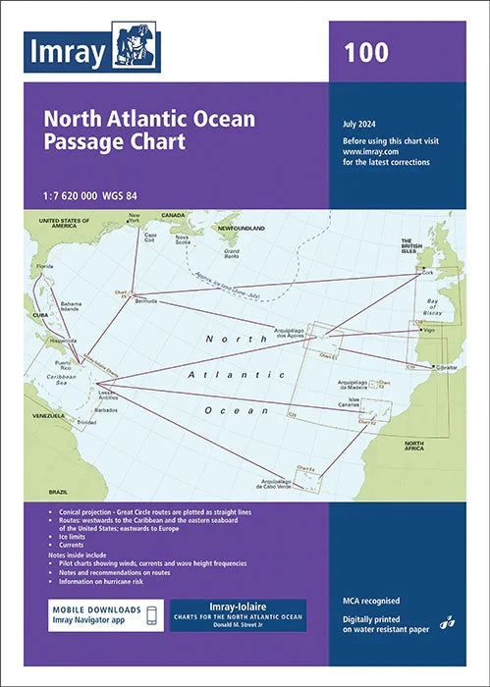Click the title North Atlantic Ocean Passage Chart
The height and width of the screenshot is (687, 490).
tap(148, 130)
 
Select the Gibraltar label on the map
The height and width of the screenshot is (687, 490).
tap(446, 365)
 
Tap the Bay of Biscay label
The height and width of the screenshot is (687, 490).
tap(451, 311)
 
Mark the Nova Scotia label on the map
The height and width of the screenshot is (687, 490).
tap(183, 238)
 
